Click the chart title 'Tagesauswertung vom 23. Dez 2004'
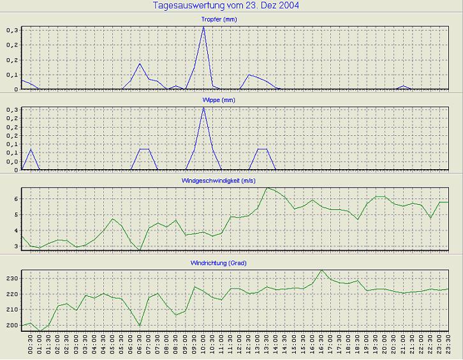tap(226, 6)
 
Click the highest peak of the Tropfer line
tap(203, 27)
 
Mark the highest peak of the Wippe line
tap(203, 108)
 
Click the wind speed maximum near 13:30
tap(267, 188)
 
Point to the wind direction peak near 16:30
tap(321, 269)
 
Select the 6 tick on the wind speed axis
tap(17, 199)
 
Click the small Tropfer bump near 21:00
tap(403, 86)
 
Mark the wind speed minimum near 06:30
tap(140, 250)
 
